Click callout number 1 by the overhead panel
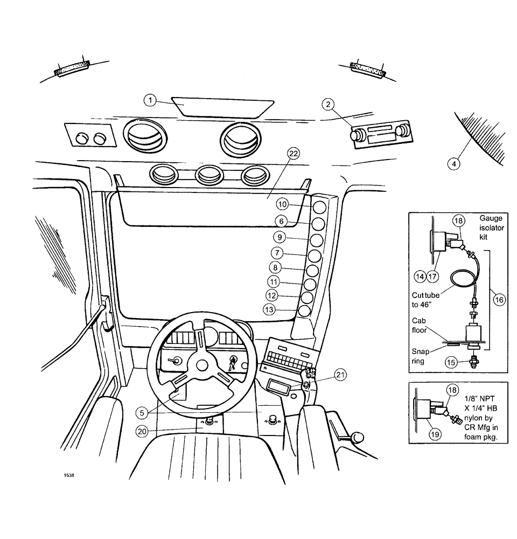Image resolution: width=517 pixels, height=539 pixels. point(151,100)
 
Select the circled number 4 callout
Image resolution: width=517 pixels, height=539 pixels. point(456,163)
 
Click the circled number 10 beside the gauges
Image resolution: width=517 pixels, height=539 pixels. point(283,204)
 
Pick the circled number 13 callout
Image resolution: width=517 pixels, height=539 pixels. point(270,309)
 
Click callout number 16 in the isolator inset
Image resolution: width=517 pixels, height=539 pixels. point(500,300)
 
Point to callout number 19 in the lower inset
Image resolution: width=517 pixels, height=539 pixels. point(433,431)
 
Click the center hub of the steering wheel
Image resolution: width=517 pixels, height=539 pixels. point(202,365)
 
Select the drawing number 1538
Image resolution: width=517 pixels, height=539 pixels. point(68,475)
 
